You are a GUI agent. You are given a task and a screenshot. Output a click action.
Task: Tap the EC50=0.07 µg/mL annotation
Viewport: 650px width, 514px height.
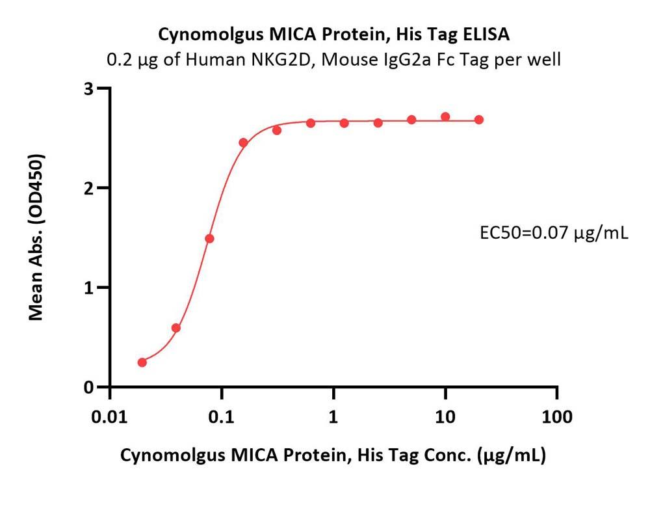click(553, 232)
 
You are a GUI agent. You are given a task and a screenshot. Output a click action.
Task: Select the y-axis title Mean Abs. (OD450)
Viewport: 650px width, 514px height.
click(37, 237)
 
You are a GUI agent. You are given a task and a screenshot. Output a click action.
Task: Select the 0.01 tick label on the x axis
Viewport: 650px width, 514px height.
click(110, 416)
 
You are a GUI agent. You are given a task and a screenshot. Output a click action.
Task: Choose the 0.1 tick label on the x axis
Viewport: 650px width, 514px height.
click(222, 416)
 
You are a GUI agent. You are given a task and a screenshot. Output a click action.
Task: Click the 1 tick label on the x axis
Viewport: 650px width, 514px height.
click(333, 416)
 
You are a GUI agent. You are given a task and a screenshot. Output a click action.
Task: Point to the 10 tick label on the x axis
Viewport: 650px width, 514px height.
click(445, 416)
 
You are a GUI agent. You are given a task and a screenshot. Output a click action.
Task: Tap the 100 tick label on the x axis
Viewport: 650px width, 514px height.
click(557, 416)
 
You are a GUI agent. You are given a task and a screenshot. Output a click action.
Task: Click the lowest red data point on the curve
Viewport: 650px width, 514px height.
click(142, 362)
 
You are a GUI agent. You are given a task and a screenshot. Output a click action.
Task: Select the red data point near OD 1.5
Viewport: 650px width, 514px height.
click(209, 239)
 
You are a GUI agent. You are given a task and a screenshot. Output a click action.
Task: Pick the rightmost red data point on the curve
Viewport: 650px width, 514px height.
click(479, 120)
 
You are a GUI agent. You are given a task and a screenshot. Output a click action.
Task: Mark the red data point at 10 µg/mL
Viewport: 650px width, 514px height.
click(445, 117)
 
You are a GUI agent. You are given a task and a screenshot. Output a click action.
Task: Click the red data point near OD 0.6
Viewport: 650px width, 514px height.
click(175, 328)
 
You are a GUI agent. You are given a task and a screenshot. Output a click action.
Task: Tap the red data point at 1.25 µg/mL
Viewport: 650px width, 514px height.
click(344, 123)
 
